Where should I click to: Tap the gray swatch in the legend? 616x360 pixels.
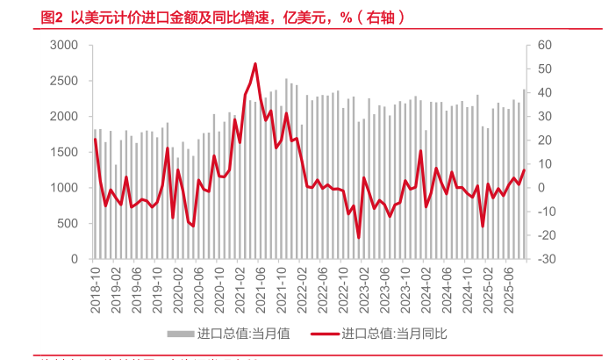click(x=180, y=334)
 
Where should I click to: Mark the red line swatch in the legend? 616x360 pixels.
click(x=325, y=334)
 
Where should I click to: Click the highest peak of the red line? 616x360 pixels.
click(x=255, y=63)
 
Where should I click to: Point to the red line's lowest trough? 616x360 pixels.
click(x=358, y=237)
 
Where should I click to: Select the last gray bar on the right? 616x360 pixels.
click(x=525, y=175)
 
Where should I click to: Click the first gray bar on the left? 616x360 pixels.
click(x=95, y=195)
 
